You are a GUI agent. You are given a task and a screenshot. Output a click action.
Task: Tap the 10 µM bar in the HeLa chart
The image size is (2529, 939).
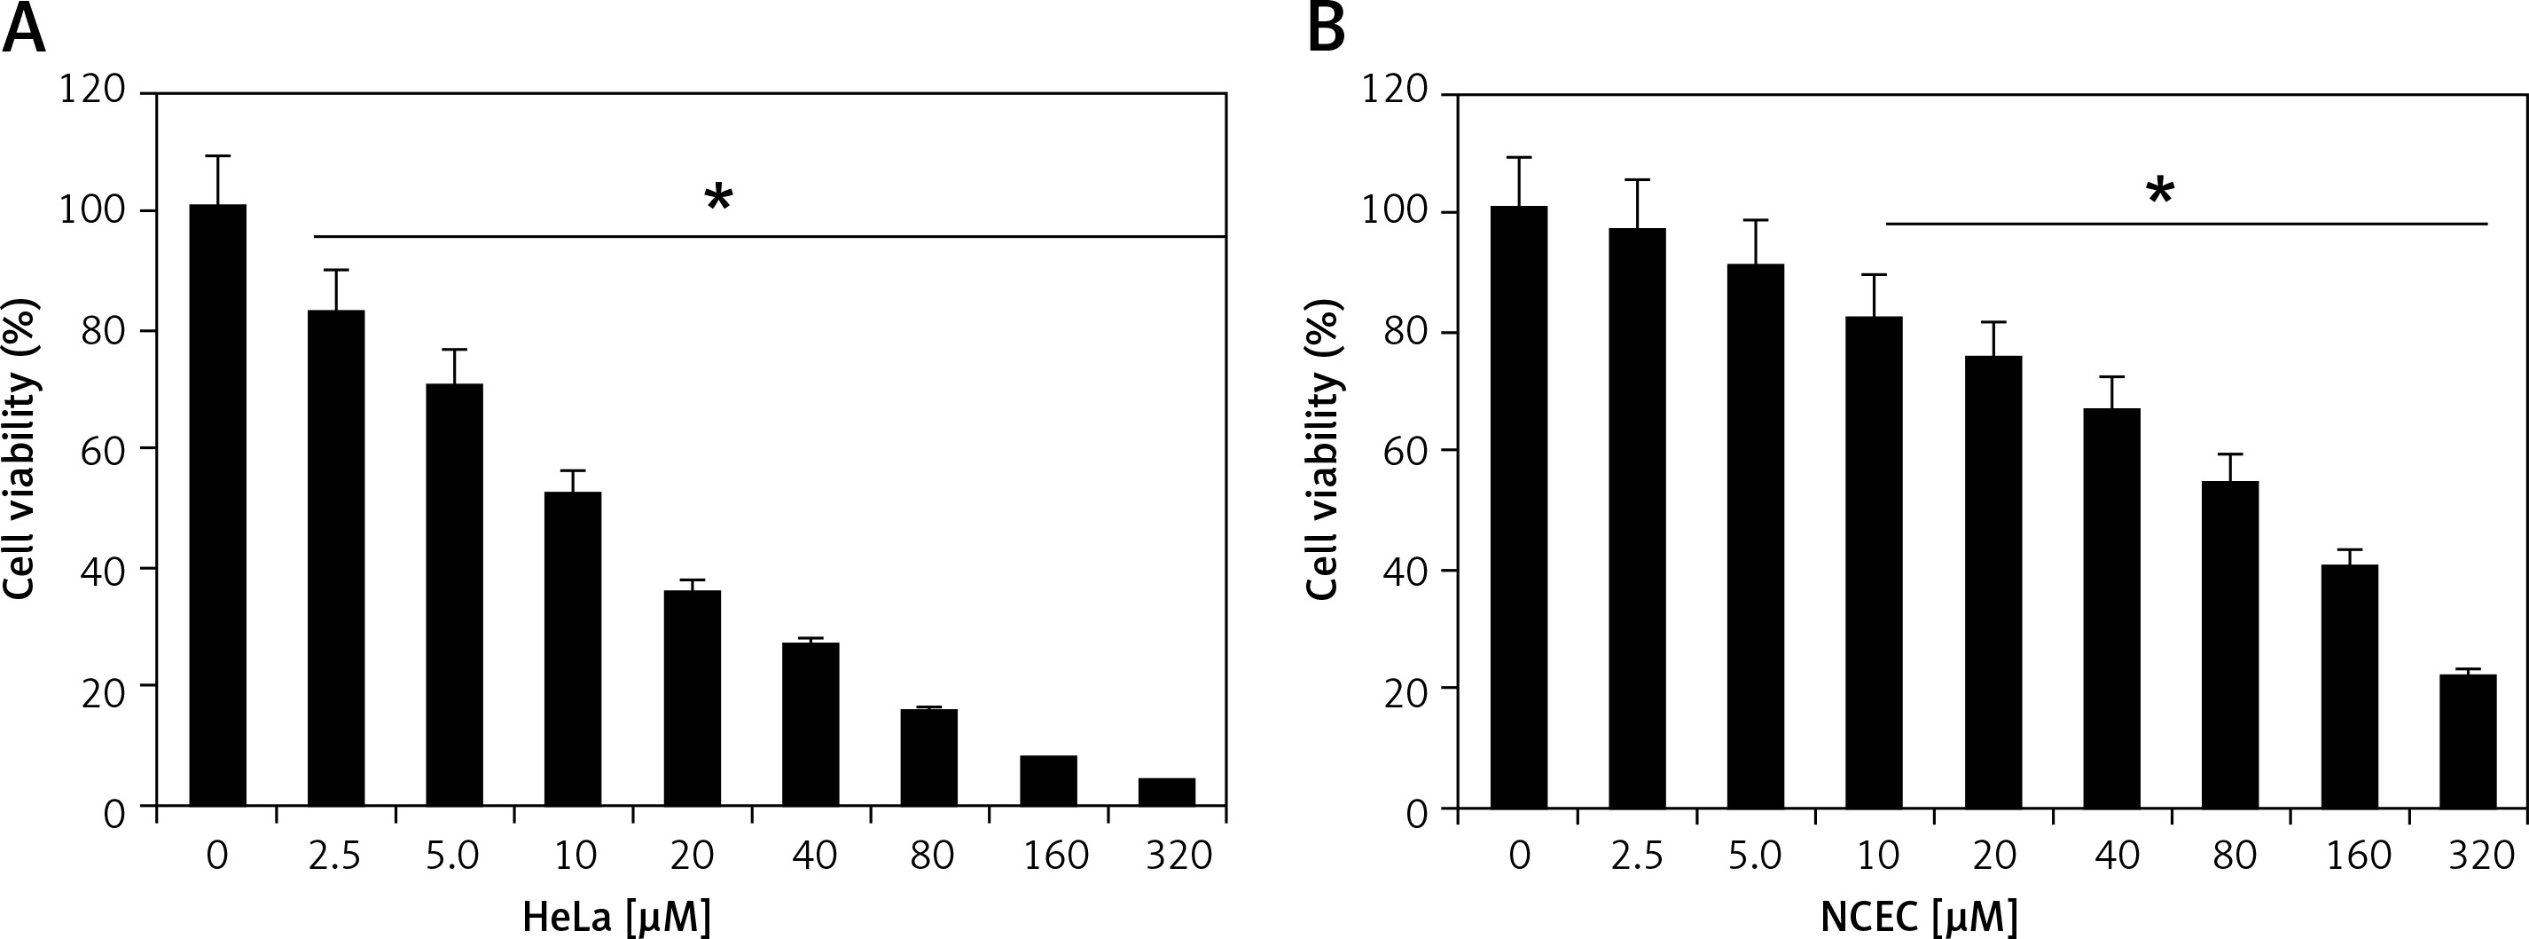pos(574,648)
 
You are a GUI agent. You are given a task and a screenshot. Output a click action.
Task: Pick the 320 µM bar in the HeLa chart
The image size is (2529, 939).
pos(1166,792)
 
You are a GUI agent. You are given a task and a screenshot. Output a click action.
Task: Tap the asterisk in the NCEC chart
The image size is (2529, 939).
pos(2160,193)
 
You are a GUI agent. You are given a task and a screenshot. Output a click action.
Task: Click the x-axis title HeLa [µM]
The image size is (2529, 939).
pos(616,918)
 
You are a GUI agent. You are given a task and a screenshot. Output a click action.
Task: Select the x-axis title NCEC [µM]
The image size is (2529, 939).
pos(1919,918)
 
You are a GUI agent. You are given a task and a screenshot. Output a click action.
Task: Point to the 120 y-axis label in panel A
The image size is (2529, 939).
pos(92,91)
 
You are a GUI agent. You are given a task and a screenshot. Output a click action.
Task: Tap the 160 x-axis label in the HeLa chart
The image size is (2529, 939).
pos(1055,856)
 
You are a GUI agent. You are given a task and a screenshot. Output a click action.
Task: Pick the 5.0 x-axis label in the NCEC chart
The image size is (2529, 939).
pos(1756,856)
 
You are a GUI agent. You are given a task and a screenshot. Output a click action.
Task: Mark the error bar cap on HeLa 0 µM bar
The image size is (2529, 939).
pos(217,155)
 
